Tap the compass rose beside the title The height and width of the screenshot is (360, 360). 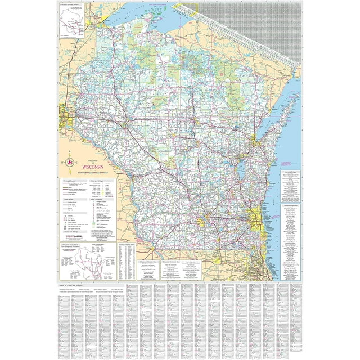coord(70,163)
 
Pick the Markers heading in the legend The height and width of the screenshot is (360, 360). coord(67,213)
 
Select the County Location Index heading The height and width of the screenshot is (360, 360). coord(125,245)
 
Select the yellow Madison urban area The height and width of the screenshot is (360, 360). coord(201,222)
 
